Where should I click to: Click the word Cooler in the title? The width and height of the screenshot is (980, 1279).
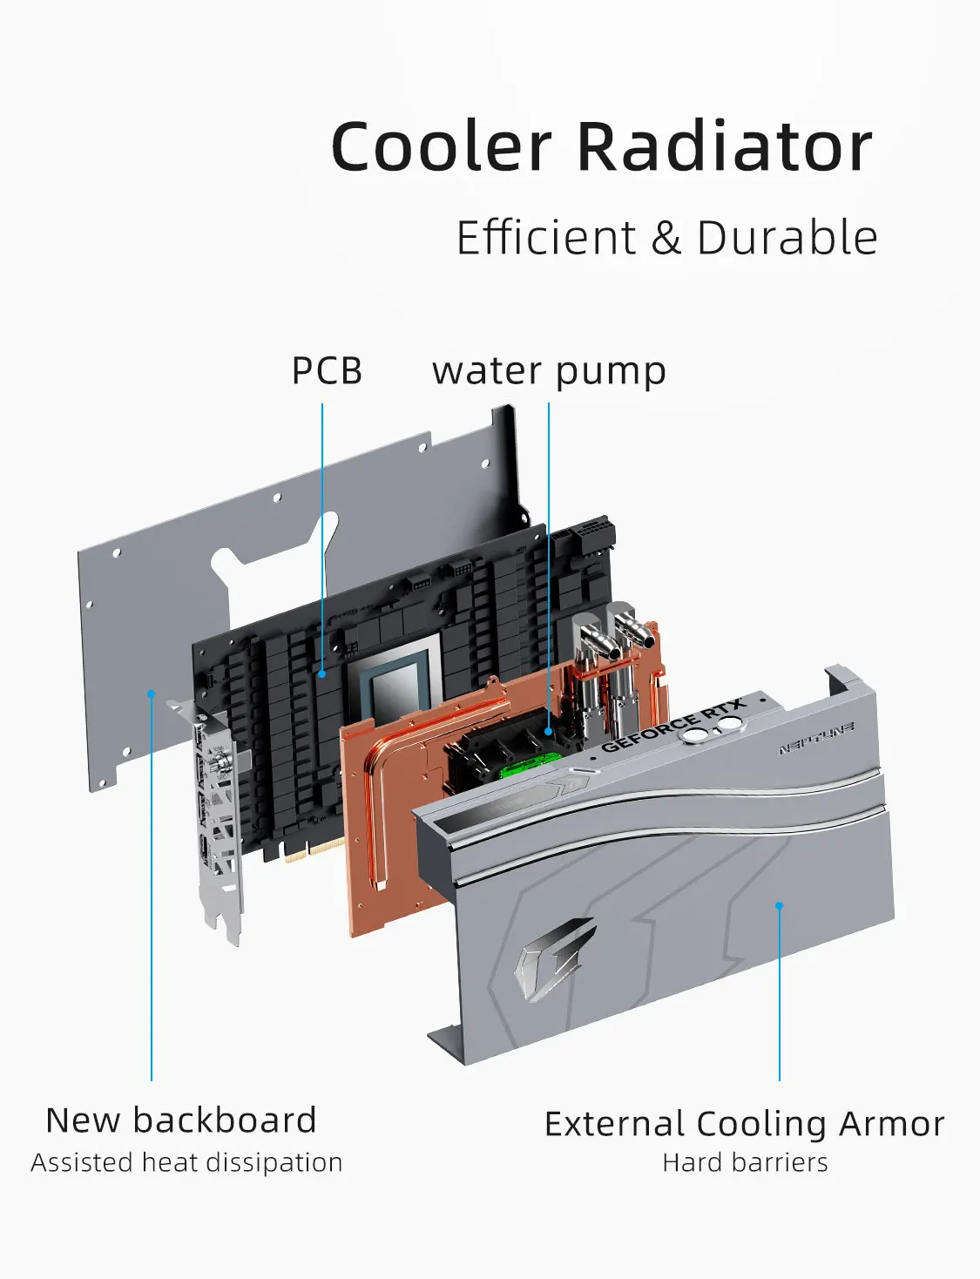[441, 146]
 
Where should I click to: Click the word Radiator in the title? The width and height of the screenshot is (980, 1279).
[725, 146]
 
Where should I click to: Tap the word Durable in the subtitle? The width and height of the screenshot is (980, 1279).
[787, 238]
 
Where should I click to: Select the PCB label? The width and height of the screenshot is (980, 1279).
[327, 371]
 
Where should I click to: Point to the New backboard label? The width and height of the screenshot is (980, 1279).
[181, 1120]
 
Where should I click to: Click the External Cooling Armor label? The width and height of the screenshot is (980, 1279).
[744, 1124]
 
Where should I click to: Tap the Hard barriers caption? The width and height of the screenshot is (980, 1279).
[745, 1163]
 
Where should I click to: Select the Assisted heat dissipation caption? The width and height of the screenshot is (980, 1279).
[186, 1163]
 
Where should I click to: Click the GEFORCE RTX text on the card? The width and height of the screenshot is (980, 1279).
[672, 726]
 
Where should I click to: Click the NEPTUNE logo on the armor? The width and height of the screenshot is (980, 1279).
[816, 738]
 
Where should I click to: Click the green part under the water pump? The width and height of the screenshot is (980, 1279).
[528, 768]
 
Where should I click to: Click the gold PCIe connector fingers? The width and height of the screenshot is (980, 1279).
[313, 850]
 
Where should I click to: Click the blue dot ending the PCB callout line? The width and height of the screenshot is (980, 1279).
[322, 673]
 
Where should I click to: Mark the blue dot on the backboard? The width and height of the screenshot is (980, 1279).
[152, 694]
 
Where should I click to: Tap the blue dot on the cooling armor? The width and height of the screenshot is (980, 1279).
[779, 906]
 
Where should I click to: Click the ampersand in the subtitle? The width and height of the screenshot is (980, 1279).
[666, 238]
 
